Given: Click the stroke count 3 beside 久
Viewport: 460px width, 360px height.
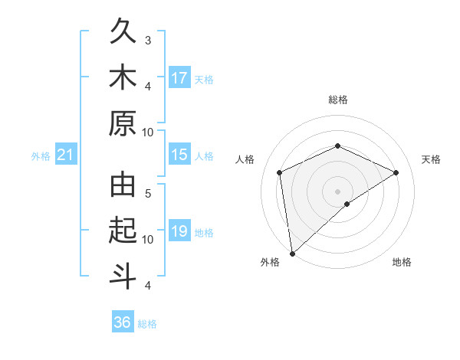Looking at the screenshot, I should pos(148,39).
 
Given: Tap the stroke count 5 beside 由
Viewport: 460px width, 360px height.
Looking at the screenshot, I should pos(148,194).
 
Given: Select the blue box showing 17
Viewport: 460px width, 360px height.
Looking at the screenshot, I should pos(179,78).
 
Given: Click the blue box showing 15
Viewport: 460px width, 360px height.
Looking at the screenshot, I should pos(179,155).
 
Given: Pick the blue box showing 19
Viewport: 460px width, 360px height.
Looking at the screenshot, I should pos(179,232).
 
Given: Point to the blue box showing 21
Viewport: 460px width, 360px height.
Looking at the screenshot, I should pos(65,155).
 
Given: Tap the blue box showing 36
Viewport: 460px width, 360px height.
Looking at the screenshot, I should pos(123,322).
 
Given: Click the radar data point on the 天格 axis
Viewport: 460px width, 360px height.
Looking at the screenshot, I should pos(396,172).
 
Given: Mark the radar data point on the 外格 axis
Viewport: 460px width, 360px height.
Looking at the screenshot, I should pos(292,253).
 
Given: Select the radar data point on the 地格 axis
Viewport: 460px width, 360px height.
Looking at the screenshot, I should pos(347,204).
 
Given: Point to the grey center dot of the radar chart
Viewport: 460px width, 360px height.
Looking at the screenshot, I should pos(338,191).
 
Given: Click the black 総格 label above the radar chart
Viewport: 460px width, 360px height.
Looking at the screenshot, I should pos(338,100).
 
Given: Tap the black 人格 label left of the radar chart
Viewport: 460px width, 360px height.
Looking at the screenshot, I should pos(245,159).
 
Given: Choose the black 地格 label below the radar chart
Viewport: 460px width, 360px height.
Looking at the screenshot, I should pos(402,262).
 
